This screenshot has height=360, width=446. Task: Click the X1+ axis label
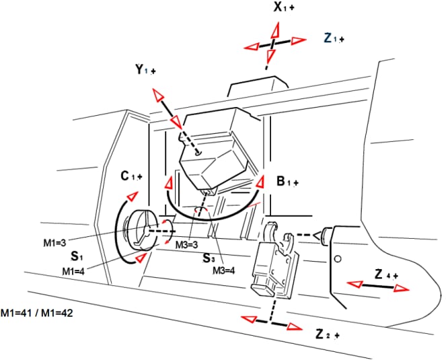(x=284, y=7)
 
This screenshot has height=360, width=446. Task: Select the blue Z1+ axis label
(x=334, y=38)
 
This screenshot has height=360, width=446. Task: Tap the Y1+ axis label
(x=145, y=70)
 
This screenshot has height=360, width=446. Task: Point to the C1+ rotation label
(x=131, y=176)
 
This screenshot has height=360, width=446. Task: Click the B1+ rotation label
(x=288, y=181)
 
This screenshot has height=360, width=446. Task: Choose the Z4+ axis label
(x=386, y=275)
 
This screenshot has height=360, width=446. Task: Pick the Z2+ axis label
(x=328, y=334)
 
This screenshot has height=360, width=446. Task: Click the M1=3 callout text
(x=54, y=243)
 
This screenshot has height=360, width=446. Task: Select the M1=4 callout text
(x=73, y=271)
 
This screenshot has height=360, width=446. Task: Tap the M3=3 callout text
(x=186, y=244)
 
